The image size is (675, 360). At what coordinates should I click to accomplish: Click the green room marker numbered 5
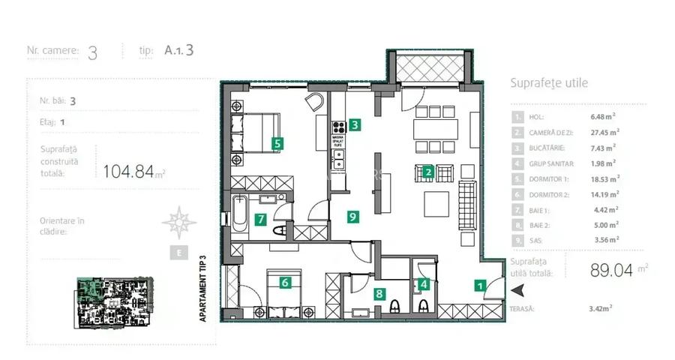[277, 141]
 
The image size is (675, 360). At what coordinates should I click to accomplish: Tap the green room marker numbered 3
[355, 125]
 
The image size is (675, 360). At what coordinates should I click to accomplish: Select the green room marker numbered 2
[427, 172]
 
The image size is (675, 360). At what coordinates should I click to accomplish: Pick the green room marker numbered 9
[352, 217]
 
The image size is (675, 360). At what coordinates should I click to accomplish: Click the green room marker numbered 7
[260, 220]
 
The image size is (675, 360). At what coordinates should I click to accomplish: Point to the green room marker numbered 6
[285, 283]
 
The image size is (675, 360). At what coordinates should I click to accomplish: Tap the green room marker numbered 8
[379, 295]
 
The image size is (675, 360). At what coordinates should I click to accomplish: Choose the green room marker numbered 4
[424, 284]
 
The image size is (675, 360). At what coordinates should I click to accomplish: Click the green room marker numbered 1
[478, 284]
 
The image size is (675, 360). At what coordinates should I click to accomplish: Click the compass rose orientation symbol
[178, 220]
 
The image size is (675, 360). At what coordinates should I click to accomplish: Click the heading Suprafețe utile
[548, 83]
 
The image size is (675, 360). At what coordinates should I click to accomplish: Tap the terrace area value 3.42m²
[602, 307]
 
